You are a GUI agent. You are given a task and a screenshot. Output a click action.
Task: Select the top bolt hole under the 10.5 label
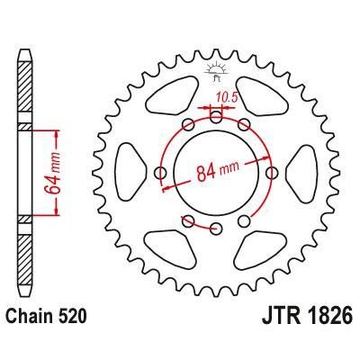point(216,114)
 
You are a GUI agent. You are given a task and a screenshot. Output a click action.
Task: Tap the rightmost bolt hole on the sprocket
point(272,171)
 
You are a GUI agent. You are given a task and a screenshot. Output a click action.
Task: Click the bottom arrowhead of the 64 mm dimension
point(58,211)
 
